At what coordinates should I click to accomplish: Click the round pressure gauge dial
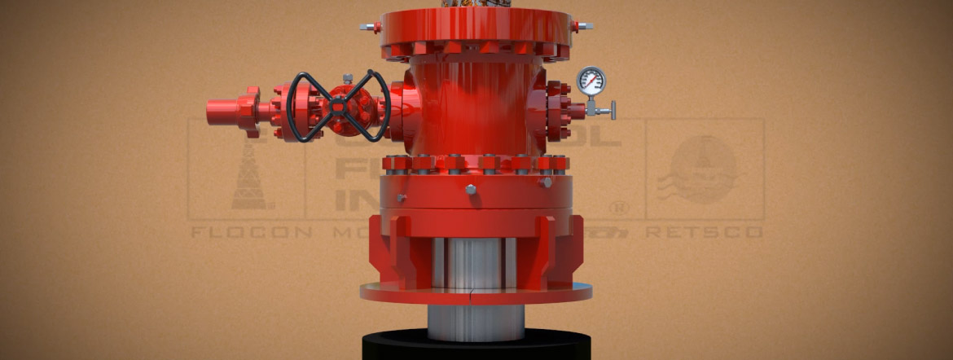tap(591, 80)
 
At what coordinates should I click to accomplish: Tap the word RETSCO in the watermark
tap(704, 232)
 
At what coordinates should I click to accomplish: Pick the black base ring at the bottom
tap(476, 345)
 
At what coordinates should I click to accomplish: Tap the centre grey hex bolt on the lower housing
tap(471, 190)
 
